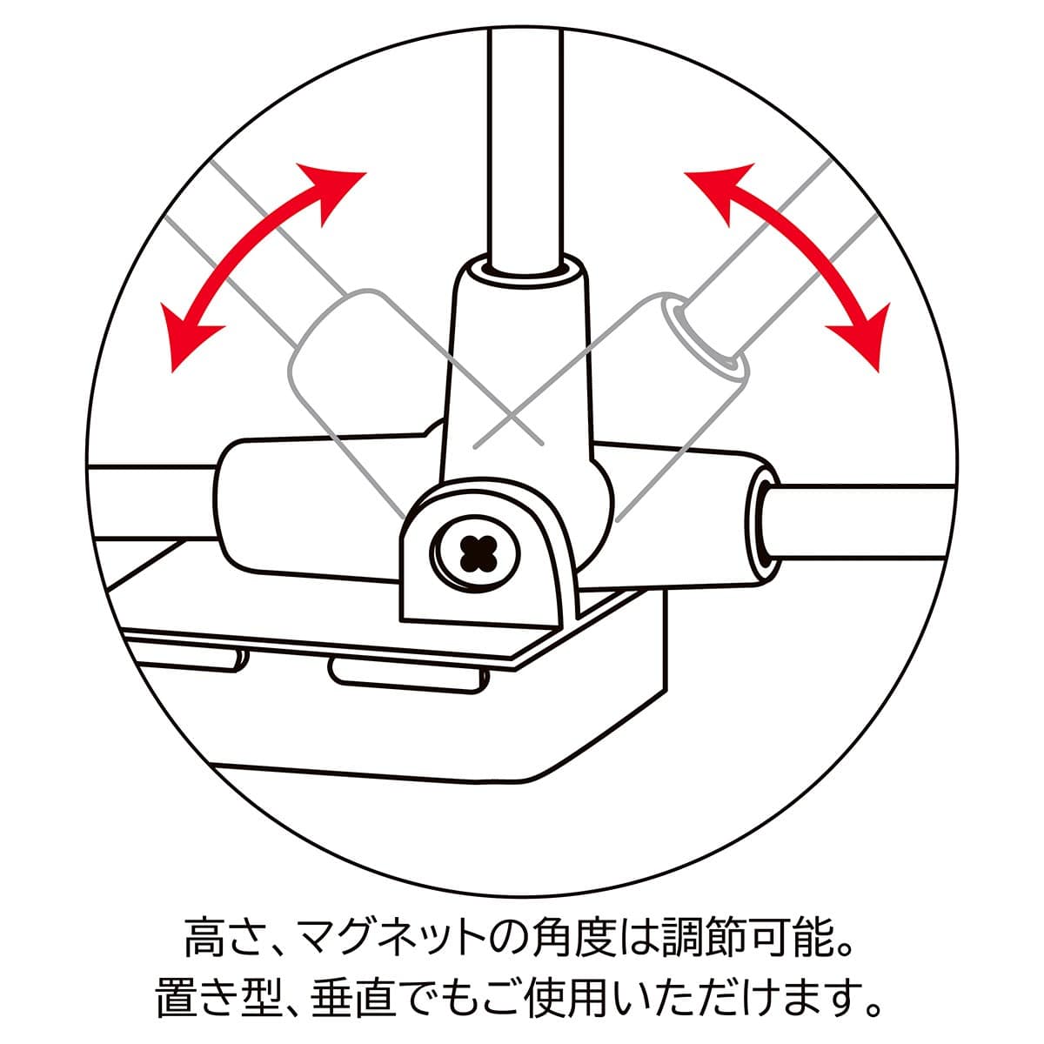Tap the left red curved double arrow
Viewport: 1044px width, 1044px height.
click(x=252, y=261)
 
